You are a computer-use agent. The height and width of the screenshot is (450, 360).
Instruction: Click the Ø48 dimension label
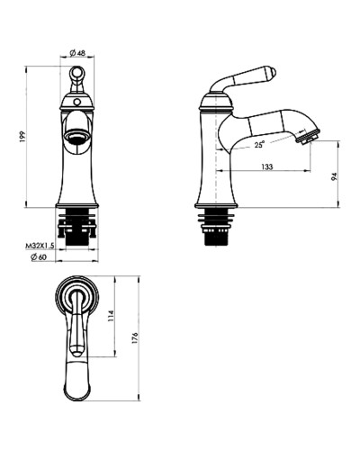tap(79, 54)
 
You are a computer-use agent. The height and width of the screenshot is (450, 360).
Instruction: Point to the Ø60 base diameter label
tap(38, 258)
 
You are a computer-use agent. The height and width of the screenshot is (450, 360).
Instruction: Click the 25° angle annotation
tap(259, 144)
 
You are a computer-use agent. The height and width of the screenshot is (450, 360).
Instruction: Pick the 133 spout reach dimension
tap(268, 167)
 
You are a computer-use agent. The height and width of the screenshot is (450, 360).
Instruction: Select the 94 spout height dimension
tap(333, 176)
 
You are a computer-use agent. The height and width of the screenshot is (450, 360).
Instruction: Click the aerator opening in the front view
tap(78, 139)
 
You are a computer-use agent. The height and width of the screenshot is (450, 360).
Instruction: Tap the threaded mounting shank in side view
tap(216, 230)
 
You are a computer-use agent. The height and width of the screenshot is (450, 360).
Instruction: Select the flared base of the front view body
tap(78, 196)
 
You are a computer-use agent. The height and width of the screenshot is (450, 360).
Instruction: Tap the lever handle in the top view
tap(78, 324)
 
